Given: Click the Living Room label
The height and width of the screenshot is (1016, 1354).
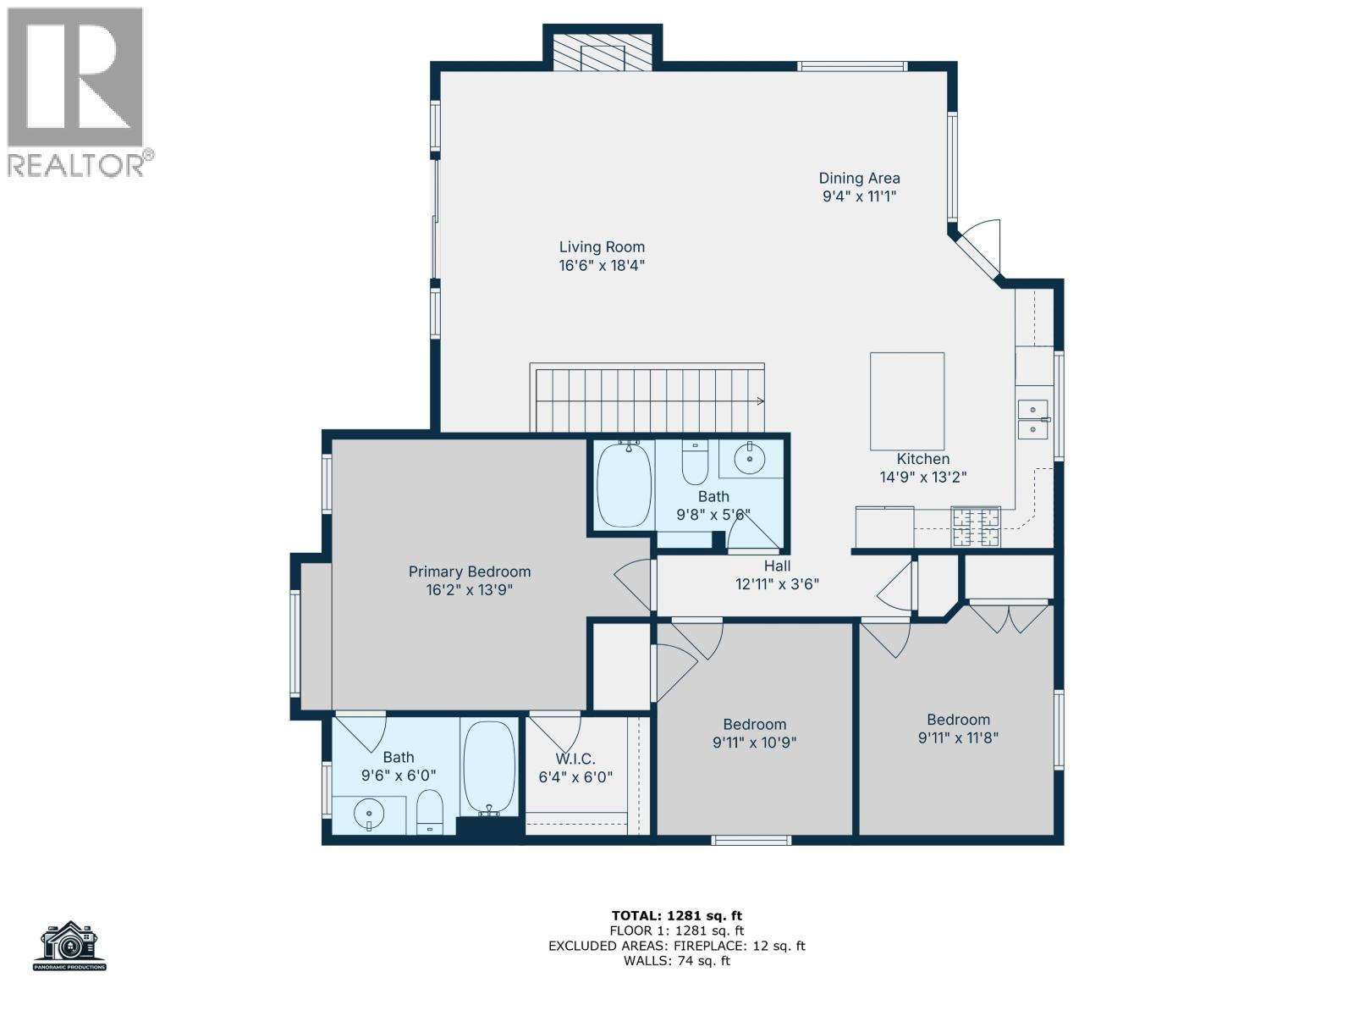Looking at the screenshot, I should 602,247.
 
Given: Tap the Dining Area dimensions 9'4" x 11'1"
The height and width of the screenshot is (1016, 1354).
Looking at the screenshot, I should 859,196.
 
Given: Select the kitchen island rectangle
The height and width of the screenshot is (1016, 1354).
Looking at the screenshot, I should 907,401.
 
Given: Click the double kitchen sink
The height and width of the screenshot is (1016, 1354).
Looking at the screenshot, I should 1032,419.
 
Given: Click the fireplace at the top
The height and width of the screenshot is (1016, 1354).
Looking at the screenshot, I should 602,52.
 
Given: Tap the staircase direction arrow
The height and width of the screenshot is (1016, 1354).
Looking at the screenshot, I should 759,401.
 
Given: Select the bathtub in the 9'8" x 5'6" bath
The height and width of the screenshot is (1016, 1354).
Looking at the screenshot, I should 625,484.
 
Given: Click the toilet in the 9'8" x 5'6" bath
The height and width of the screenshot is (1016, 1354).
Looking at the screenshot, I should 694,463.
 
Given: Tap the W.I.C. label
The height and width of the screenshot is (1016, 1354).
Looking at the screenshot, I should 575,759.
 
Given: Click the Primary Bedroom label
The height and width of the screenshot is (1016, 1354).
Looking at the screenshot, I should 469,571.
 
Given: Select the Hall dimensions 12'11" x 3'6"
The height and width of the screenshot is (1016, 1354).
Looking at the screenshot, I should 777,583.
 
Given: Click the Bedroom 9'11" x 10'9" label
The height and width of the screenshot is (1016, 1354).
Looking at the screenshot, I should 754,724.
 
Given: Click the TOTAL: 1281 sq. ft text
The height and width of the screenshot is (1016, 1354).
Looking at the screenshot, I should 676,915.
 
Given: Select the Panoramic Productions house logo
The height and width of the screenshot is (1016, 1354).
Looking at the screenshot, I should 70,945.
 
